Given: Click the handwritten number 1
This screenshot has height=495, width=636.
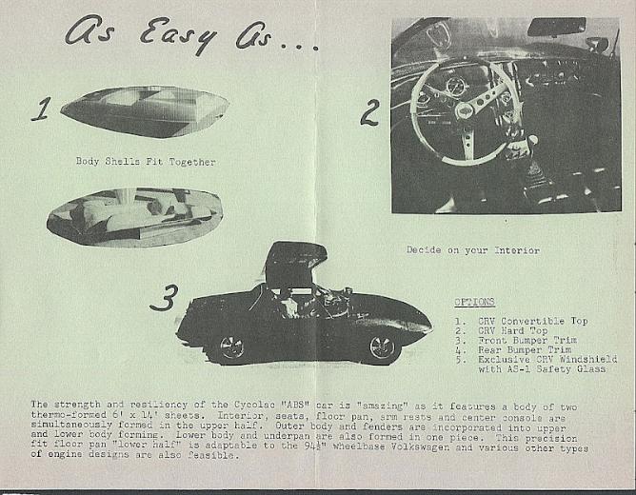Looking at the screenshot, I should click(x=39, y=109).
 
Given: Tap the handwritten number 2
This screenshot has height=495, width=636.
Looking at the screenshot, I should click(x=368, y=112).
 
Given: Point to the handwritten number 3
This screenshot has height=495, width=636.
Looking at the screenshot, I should click(x=164, y=299).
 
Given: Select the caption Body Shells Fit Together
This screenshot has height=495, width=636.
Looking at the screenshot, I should click(x=146, y=162).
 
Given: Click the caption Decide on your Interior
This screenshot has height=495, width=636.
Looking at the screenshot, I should click(x=473, y=251).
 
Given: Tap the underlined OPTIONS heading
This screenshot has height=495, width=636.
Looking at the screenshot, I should click(x=473, y=302).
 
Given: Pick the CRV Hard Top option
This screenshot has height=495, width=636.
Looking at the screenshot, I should click(x=514, y=330).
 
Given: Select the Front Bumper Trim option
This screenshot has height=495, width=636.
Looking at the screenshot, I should click(x=524, y=340).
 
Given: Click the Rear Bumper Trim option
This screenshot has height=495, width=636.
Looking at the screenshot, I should click(x=521, y=349).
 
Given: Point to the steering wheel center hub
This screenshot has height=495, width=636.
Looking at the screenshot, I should click(x=465, y=110).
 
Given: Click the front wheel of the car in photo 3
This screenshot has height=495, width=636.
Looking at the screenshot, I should click(x=383, y=347).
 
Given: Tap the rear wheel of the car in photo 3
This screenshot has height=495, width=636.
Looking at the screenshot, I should click(x=231, y=347).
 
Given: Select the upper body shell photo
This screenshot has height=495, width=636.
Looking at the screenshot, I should click(x=145, y=110).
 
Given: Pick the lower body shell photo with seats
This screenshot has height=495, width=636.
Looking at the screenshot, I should click(x=134, y=217).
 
